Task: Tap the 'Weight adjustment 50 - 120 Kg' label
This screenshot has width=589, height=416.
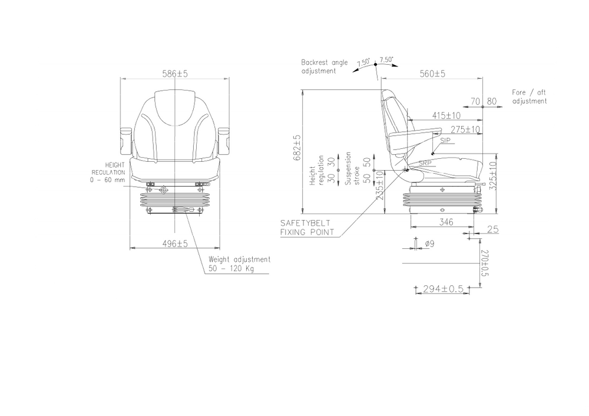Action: [x=239, y=264]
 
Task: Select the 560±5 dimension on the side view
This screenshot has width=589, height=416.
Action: [x=432, y=74]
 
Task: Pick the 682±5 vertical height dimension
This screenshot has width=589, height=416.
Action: [x=297, y=148]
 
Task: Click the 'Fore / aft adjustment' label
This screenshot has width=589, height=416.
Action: [x=529, y=97]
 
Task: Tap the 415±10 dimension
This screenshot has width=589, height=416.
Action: [x=446, y=115]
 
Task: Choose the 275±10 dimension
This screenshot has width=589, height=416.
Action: [x=465, y=129]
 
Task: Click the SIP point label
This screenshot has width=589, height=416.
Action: [x=445, y=141]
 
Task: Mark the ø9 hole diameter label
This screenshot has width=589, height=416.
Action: [x=429, y=243]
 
